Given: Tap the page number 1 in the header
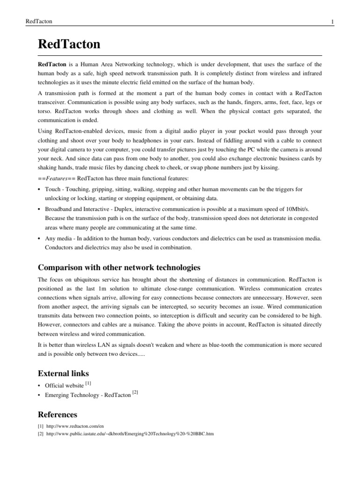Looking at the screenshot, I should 332,22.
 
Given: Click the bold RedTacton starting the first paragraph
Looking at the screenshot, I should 52,63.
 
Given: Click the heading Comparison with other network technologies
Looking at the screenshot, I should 119,267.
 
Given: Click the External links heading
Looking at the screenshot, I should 63,373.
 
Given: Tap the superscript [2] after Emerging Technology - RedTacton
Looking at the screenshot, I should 135,392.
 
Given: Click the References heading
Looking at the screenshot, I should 57,414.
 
